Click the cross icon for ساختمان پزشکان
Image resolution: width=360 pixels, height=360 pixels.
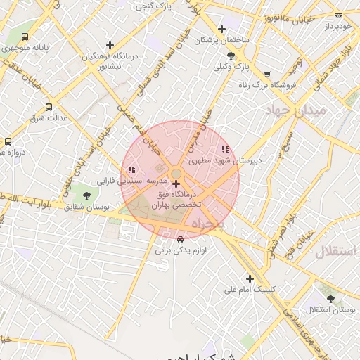click(222, 30)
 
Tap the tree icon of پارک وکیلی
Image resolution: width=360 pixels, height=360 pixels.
click(231, 56)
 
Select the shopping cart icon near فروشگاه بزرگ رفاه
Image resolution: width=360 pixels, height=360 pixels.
click(267, 74)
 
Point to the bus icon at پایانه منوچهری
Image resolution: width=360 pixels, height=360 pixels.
click(25, 37)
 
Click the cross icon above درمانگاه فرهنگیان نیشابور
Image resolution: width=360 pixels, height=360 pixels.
click(110, 45)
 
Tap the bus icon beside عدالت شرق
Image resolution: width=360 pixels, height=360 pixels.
click(49, 107)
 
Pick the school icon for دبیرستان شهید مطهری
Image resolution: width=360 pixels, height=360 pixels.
click(225, 149)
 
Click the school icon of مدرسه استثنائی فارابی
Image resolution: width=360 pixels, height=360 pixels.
click(131, 169)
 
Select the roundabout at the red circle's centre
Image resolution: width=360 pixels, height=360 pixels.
click(176, 174)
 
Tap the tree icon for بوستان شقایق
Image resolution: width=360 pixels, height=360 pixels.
click(86, 195)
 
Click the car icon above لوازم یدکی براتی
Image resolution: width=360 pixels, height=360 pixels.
click(180, 239)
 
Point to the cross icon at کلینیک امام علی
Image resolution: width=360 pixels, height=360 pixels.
click(250, 278)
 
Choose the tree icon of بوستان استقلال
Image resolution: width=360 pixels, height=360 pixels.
click(330, 299)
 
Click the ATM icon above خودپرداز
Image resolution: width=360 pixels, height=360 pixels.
click(339, 15)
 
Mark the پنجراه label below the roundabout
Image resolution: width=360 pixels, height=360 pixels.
click(208, 224)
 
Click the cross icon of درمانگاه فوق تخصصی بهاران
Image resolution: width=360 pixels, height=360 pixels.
click(175, 184)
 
